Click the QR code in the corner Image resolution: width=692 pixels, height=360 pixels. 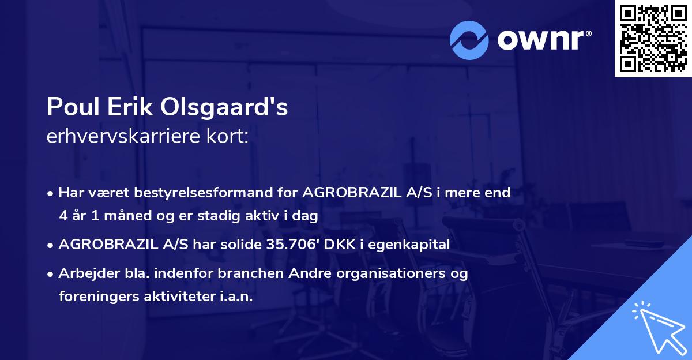tap(653, 39)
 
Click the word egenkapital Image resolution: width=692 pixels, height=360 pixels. tap(411, 244)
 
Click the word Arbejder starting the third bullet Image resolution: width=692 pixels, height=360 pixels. tap(85, 273)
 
